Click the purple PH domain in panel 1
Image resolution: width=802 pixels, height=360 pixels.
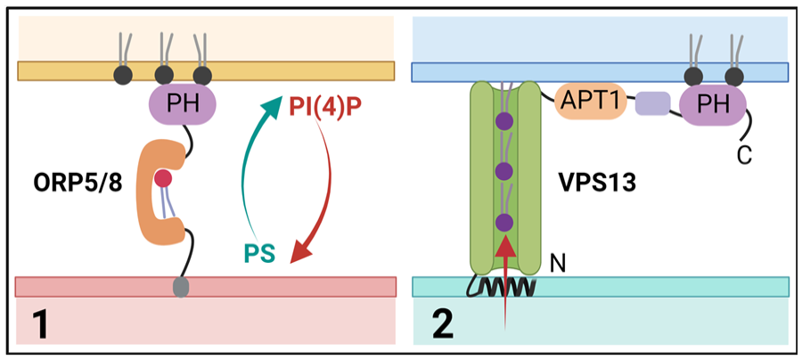(183, 105)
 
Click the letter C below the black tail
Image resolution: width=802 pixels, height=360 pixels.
(744, 155)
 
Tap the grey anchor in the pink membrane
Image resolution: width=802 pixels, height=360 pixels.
(181, 286)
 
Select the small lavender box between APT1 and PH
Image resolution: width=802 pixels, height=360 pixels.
(652, 103)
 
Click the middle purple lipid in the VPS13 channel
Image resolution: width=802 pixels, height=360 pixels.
(504, 170)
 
